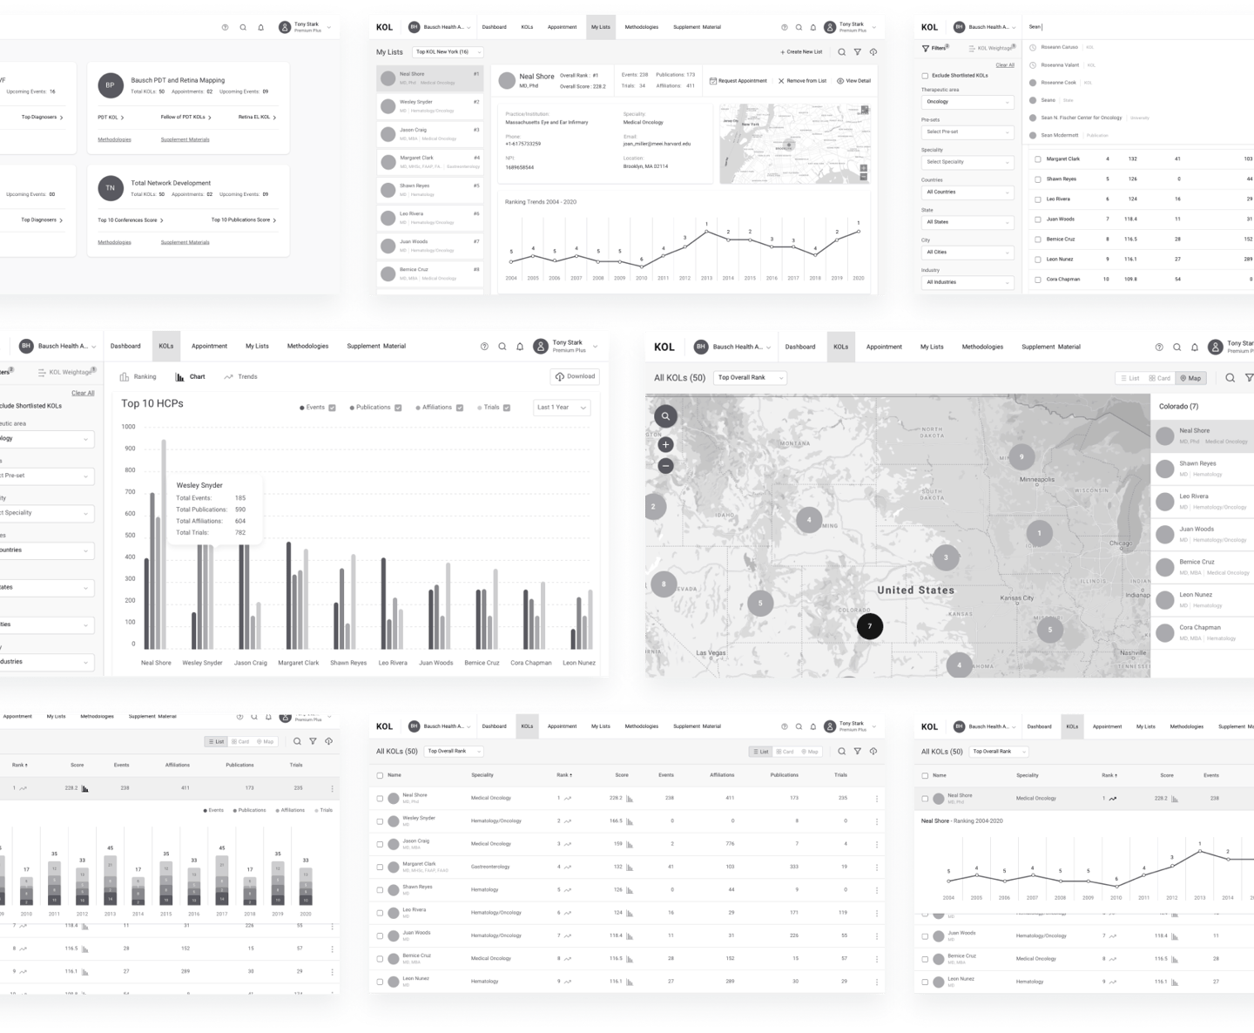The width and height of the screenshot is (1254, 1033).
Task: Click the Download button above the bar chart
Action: click(x=575, y=376)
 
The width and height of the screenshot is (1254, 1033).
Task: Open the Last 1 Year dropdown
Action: click(x=562, y=408)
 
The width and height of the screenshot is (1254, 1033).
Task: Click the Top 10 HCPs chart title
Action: click(x=152, y=403)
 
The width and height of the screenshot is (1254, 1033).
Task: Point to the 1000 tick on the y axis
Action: click(x=128, y=427)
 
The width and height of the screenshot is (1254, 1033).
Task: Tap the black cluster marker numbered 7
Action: click(x=869, y=625)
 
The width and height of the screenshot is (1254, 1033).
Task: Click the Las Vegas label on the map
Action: click(x=711, y=652)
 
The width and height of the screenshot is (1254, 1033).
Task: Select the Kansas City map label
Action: click(x=1016, y=598)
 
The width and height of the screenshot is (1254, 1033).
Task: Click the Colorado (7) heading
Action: click(x=1178, y=407)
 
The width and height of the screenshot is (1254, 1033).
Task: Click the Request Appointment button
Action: click(x=738, y=81)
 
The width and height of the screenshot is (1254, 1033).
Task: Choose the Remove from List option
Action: click(x=802, y=81)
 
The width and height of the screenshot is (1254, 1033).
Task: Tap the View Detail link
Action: click(x=853, y=81)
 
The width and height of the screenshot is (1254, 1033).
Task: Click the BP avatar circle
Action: click(x=110, y=85)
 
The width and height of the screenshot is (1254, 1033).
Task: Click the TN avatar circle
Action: click(x=110, y=188)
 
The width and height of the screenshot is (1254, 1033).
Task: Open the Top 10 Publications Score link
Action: click(x=243, y=220)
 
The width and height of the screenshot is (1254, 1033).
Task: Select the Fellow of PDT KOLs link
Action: click(x=185, y=117)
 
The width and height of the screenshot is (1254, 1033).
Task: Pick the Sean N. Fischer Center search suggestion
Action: click(x=1081, y=118)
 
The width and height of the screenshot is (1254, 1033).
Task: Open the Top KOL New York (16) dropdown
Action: click(x=448, y=52)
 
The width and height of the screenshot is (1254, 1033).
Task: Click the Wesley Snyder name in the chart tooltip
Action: click(x=199, y=485)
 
